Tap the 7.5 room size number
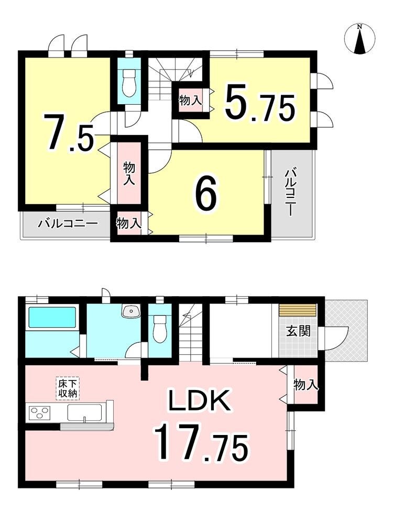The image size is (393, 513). (x=71, y=132)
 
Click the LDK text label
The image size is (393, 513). (x=200, y=401)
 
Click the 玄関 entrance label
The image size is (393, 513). (x=298, y=332)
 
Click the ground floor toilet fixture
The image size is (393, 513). (x=160, y=328)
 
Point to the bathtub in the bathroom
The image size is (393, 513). (x=53, y=317)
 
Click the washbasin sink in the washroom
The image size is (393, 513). (x=132, y=311)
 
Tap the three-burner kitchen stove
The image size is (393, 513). (x=40, y=412)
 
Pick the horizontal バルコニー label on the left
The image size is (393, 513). (x=68, y=224)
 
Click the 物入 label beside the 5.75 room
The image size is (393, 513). (x=190, y=100)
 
